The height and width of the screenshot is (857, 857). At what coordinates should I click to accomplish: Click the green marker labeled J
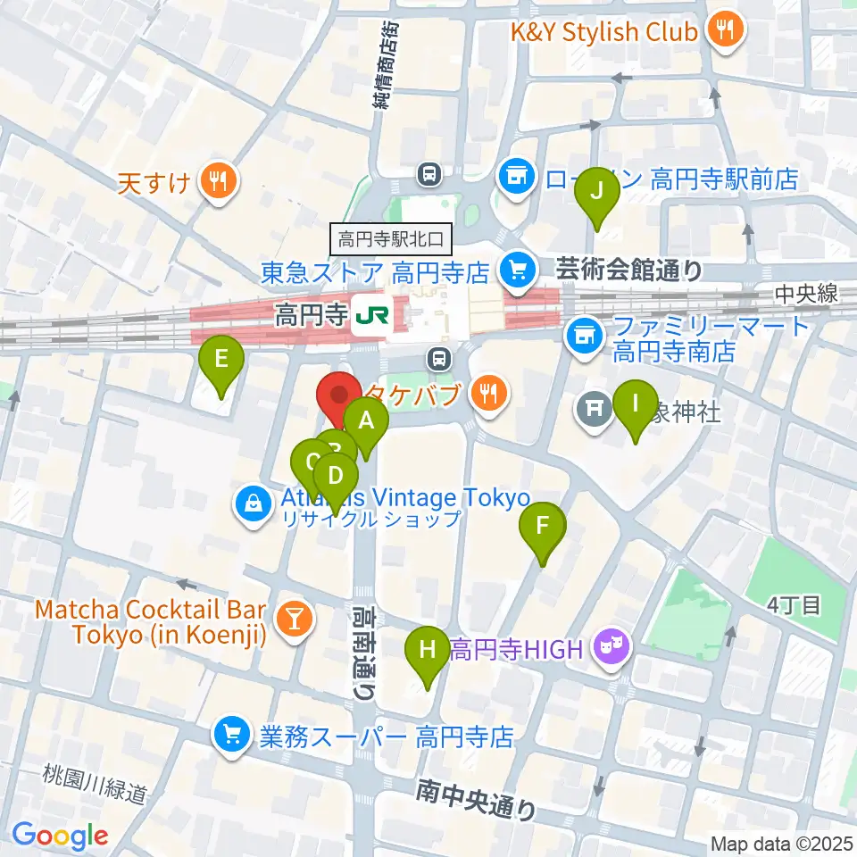point(598,190)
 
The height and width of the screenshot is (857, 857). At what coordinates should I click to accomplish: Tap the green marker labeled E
point(222,360)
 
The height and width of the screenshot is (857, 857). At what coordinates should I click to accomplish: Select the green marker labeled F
point(543,526)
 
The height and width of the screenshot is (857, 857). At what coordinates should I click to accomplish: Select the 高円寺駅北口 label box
point(393,239)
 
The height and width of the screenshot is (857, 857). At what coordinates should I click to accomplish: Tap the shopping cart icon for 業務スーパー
point(232,736)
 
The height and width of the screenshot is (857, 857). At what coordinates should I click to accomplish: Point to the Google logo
point(61,836)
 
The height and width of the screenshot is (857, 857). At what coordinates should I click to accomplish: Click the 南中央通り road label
point(477,800)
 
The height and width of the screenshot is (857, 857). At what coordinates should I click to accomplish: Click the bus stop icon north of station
point(430,172)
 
